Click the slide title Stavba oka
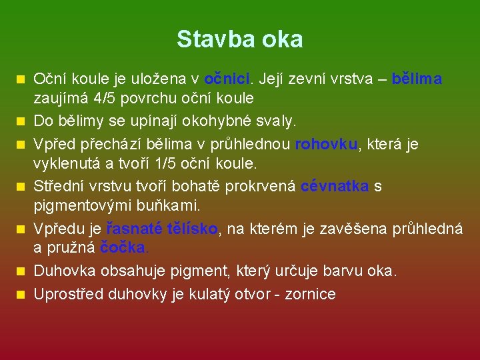click(x=239, y=39)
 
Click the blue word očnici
click(x=227, y=79)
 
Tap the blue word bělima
click(x=417, y=79)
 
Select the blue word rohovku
click(x=326, y=144)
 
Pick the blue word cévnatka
click(x=335, y=187)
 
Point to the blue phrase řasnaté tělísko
click(x=162, y=229)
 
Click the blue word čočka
click(x=124, y=247)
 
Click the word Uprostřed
click(x=67, y=294)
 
